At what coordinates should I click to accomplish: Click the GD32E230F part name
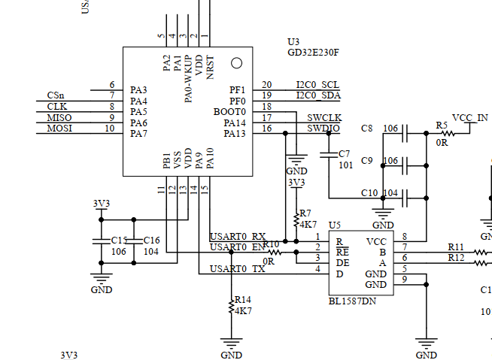314,53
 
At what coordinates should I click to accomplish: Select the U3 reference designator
293,41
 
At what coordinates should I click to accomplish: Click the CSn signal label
55,95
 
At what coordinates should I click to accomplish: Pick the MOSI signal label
59,129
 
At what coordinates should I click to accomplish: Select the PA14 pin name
235,123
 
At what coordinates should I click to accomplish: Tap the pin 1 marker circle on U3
236,63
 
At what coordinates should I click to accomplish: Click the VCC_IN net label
470,118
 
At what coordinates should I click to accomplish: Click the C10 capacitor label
369,193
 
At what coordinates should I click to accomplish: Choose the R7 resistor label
305,213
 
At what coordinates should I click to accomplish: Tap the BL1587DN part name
353,301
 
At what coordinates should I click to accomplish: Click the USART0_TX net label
238,268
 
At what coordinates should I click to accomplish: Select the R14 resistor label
242,298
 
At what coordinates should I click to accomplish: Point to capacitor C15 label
119,241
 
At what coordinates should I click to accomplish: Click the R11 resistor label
456,247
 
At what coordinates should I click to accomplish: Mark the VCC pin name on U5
377,242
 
